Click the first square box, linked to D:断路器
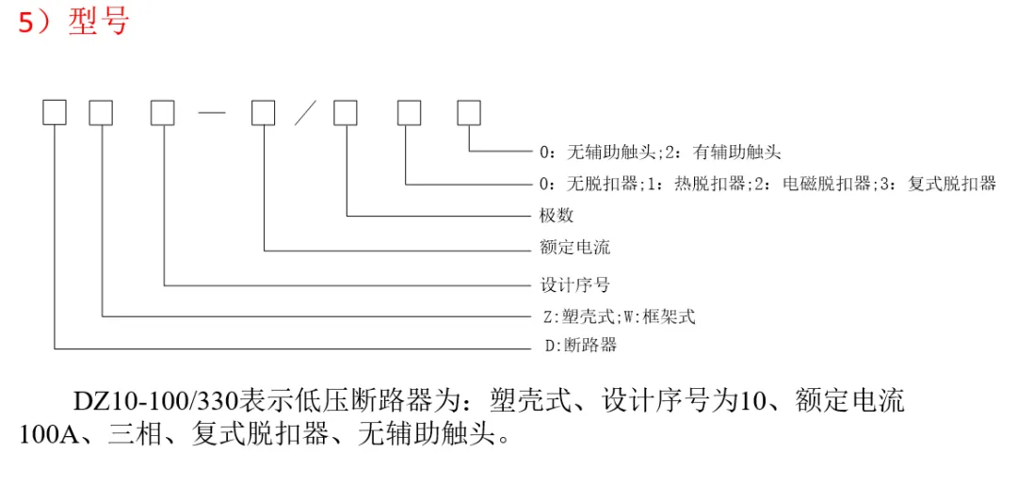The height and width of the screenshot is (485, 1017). tap(55, 113)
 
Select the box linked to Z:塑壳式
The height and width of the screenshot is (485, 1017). tap(101, 113)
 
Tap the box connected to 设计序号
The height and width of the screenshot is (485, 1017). tap(163, 113)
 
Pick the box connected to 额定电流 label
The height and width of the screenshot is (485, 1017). tap(264, 113)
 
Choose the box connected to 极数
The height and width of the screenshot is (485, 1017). tap(346, 113)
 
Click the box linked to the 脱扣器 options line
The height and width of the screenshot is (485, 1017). tap(408, 113)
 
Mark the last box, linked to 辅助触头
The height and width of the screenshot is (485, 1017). tap(469, 113)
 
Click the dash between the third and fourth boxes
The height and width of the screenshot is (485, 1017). tap(213, 114)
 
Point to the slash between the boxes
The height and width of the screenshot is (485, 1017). tap(304, 114)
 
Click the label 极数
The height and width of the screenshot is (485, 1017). tap(557, 216)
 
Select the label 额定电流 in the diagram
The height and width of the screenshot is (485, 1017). tap(574, 248)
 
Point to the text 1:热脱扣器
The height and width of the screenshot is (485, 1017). tap(701, 184)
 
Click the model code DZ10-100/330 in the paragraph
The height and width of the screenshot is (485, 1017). tap(156, 400)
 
